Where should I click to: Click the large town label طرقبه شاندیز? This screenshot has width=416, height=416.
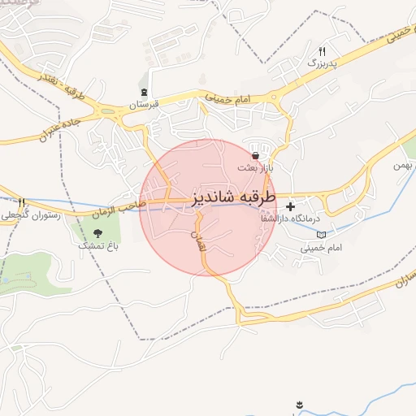click(x=235, y=197)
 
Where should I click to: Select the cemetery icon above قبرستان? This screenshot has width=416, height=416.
click(x=145, y=92)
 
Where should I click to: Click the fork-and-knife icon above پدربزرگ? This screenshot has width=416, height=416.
click(x=322, y=50)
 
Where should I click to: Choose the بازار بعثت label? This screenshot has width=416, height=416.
click(x=255, y=167)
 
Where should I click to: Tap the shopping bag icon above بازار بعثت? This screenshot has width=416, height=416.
click(x=256, y=155)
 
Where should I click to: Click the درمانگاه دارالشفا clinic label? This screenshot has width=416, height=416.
click(x=291, y=219)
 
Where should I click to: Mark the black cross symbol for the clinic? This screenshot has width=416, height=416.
click(x=290, y=206)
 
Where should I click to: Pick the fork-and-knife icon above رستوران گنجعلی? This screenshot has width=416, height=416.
click(x=22, y=202)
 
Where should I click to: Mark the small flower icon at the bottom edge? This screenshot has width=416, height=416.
click(x=300, y=404)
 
